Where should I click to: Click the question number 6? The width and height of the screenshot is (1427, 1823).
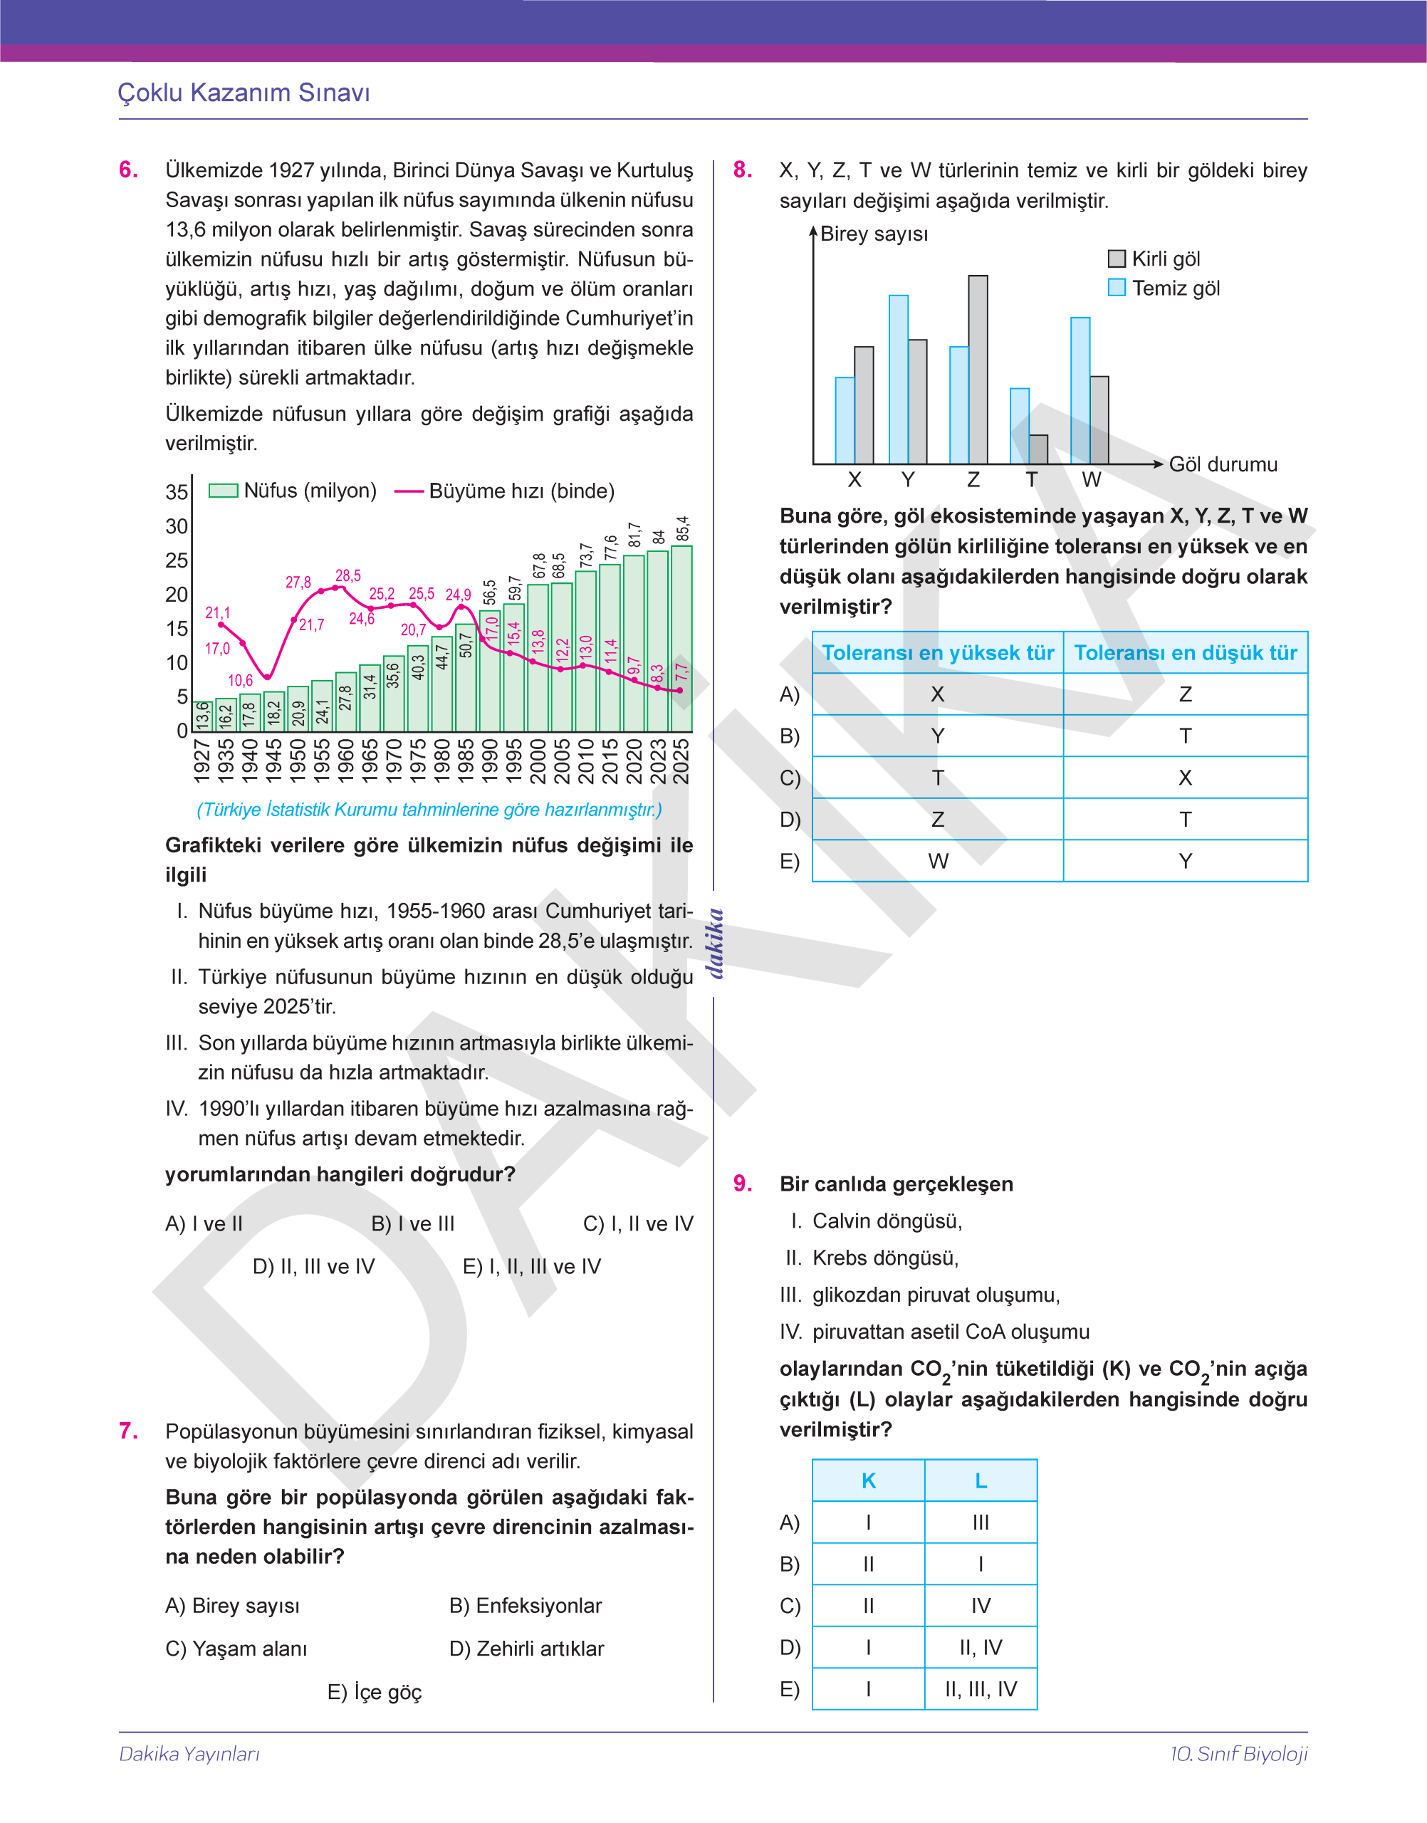tap(129, 169)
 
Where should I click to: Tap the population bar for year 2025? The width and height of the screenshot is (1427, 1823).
tap(681, 639)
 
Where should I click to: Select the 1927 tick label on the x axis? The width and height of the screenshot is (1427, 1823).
tap(202, 761)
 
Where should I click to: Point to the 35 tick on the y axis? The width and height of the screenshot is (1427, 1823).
tap(177, 492)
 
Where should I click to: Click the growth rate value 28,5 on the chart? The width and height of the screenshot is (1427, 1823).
tap(348, 575)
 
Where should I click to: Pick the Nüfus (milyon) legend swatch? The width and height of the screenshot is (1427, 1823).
tap(223, 491)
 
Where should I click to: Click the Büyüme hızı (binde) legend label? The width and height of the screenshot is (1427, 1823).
tap(521, 491)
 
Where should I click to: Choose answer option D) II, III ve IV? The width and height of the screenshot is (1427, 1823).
tap(313, 1267)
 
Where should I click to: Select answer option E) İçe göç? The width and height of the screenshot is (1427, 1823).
tap(375, 1692)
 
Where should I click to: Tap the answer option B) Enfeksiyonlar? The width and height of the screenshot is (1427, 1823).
tap(526, 1606)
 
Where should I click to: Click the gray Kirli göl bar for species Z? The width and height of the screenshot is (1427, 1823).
tap(978, 370)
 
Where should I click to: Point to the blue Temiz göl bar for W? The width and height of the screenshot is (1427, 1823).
tap(1080, 390)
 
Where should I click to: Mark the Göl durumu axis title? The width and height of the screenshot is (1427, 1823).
tap(1223, 464)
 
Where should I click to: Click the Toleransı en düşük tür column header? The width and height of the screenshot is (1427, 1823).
tap(1185, 652)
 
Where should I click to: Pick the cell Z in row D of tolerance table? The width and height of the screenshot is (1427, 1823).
tap(937, 820)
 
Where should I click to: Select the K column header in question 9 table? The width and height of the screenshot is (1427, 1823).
tap(868, 1480)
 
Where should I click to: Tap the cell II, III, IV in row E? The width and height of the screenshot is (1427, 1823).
tap(981, 1689)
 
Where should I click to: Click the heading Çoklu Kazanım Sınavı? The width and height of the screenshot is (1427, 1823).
tap(244, 93)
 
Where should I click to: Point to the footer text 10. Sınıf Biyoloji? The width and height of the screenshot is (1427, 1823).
tap(1238, 1754)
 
